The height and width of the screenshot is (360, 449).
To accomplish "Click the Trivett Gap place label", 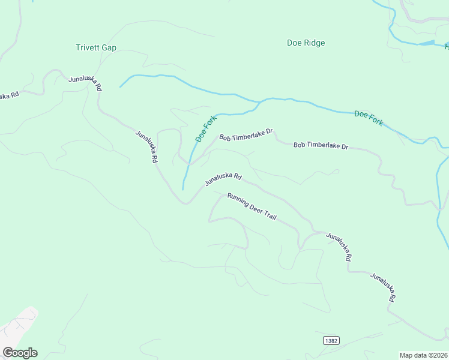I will click(96, 47).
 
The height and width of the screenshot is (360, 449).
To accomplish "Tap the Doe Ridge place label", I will click(306, 43).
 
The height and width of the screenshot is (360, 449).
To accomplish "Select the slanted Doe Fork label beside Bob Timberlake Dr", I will click(205, 128).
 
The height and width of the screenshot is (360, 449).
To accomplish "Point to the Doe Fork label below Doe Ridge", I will click(369, 118).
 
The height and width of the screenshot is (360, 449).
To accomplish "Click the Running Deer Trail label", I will click(252, 206).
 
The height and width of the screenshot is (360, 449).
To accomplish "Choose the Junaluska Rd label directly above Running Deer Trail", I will click(223, 179).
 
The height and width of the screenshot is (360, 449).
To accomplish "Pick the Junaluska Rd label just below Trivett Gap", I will click(85, 83).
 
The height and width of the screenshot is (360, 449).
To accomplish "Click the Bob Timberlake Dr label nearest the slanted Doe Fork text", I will click(246, 134).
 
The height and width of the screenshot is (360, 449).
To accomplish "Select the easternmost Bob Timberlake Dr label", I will click(321, 146).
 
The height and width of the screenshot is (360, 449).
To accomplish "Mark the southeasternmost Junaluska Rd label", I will click(383, 287).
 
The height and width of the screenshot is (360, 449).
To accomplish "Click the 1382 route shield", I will click(331, 340).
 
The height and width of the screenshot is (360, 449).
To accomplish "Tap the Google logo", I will click(20, 353).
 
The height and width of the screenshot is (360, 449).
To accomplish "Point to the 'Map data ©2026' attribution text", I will click(423, 355).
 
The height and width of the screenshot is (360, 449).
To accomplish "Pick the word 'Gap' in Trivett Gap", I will click(109, 47).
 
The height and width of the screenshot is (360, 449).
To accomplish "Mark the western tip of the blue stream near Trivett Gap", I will click(120, 87).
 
